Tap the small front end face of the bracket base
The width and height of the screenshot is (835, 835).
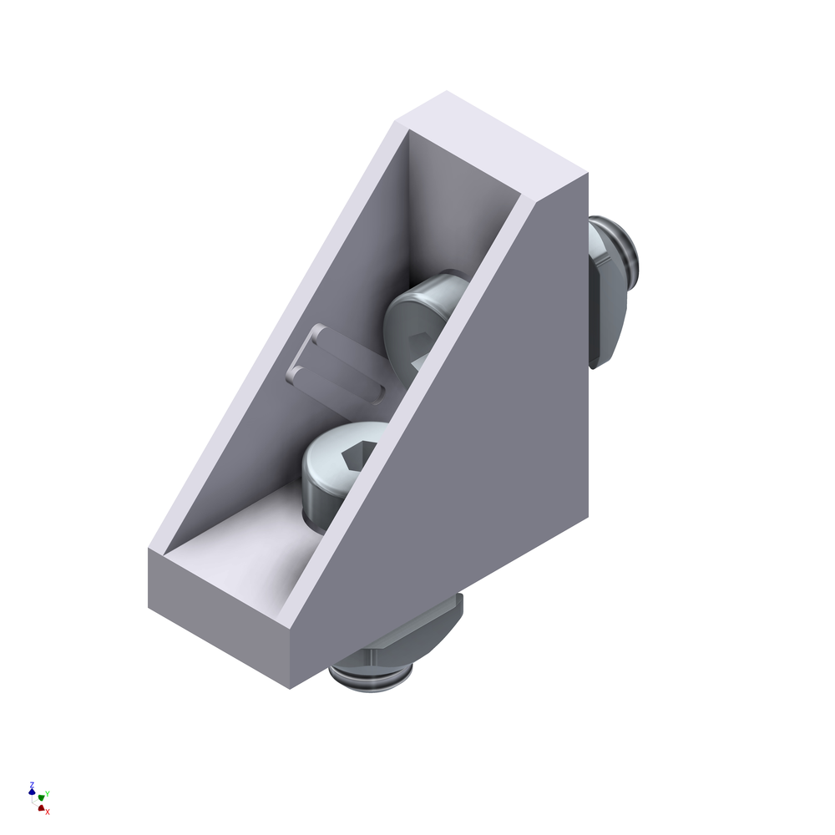point(219,619)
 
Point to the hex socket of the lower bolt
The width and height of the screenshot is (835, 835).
point(358,457)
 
